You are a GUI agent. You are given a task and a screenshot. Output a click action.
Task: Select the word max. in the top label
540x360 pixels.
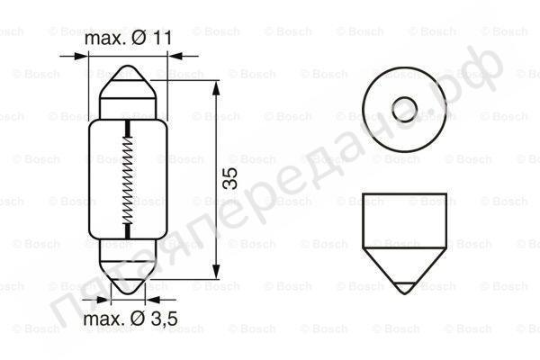(103, 39)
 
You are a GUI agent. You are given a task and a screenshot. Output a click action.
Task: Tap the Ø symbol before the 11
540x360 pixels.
(140, 39)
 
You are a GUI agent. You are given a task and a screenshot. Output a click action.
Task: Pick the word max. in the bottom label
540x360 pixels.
(103, 320)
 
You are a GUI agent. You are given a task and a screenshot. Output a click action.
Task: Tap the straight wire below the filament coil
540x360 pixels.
(130, 231)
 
